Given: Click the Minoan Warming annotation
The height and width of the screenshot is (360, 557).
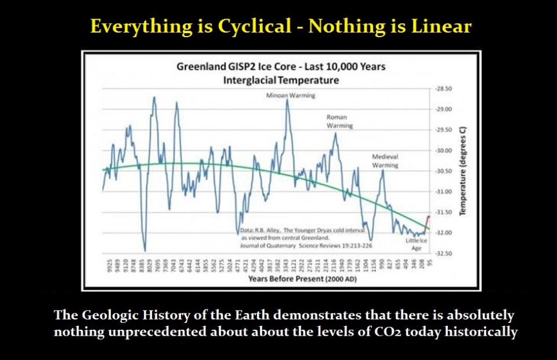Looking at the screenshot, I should pyautogui.click(x=286, y=95).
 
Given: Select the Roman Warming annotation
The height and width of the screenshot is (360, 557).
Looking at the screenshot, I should pyautogui.click(x=339, y=121).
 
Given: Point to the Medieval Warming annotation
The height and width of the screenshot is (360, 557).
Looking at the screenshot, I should pyautogui.click(x=385, y=161).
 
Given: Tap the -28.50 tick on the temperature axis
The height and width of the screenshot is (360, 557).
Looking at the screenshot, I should pyautogui.click(x=443, y=89).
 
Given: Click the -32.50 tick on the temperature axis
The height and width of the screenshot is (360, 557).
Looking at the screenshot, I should pyautogui.click(x=443, y=253).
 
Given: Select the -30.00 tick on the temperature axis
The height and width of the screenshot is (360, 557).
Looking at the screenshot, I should pyautogui.click(x=443, y=150).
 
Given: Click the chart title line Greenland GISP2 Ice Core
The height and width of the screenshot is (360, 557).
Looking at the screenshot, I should pyautogui.click(x=281, y=67).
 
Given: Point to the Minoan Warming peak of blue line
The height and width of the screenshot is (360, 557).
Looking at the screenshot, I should pyautogui.click(x=287, y=101).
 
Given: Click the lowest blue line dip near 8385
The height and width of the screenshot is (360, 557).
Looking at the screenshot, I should pyautogui.click(x=144, y=250).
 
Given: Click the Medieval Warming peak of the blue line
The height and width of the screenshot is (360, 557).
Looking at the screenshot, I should pyautogui.click(x=382, y=171).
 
